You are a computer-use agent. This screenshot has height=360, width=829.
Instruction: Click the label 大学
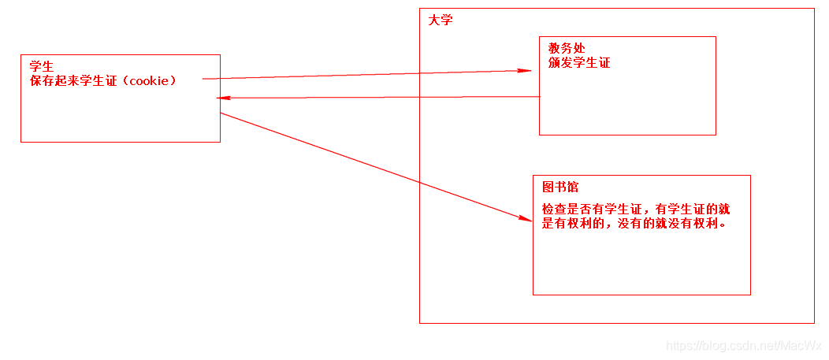[441, 20]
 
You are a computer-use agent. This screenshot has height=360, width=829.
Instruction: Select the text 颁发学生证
[579, 63]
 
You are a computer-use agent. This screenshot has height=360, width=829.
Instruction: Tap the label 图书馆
[560, 187]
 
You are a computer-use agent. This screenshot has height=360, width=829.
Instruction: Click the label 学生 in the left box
[42, 67]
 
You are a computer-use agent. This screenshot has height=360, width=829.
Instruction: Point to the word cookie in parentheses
[149, 81]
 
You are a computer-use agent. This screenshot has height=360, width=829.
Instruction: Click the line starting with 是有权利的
[634, 223]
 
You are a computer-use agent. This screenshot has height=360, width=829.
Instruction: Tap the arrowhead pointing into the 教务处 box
[523, 71]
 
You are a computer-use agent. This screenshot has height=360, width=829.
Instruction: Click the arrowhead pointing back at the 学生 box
[222, 98]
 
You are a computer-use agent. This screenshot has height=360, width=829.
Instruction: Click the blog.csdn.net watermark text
[744, 346]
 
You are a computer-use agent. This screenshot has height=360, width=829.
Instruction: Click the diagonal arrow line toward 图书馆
[370, 165]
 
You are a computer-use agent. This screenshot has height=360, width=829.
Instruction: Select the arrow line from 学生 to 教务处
[362, 75]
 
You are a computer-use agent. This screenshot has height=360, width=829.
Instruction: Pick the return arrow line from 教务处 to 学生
[378, 97]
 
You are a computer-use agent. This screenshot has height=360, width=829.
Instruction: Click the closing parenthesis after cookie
[173, 81]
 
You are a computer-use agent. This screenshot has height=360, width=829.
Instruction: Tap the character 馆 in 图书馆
[573, 187]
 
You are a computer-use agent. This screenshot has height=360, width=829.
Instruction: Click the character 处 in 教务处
[579, 49]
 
